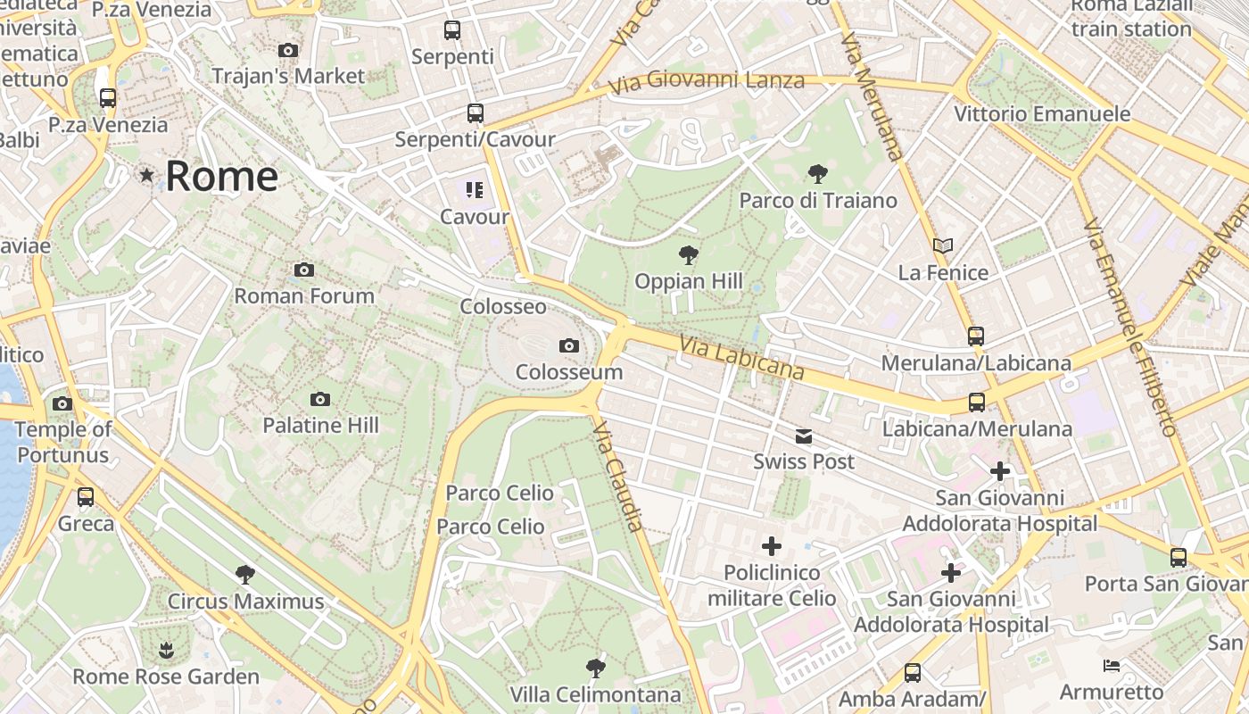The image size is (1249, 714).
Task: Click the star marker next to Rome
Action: tap(146, 175)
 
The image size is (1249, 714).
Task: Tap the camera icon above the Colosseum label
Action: tap(568, 345)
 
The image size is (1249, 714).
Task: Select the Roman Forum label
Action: tap(304, 295)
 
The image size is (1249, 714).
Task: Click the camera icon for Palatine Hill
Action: tap(320, 399)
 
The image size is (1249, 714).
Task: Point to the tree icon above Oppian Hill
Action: tap(688, 255)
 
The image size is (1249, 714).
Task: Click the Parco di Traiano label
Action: tap(818, 200)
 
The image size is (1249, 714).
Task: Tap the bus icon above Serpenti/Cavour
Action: tap(476, 113)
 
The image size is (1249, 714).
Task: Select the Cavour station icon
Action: tap(475, 189)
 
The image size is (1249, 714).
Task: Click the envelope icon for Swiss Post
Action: tap(804, 436)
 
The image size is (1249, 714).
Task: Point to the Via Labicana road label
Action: tap(741, 357)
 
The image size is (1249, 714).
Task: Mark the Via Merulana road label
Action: tap(872, 96)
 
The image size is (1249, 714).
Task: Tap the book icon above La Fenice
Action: tap(943, 245)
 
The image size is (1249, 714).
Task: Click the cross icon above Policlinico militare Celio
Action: tap(772, 546)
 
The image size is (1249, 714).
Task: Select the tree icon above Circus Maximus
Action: tap(245, 575)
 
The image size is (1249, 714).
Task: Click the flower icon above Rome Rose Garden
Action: tap(166, 651)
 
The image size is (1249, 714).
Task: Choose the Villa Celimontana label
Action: tap(595, 694)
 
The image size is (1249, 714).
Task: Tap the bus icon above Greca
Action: tap(86, 497)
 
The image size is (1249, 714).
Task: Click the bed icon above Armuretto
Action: tap(1112, 666)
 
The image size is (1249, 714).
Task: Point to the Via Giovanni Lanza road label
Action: tap(707, 82)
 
